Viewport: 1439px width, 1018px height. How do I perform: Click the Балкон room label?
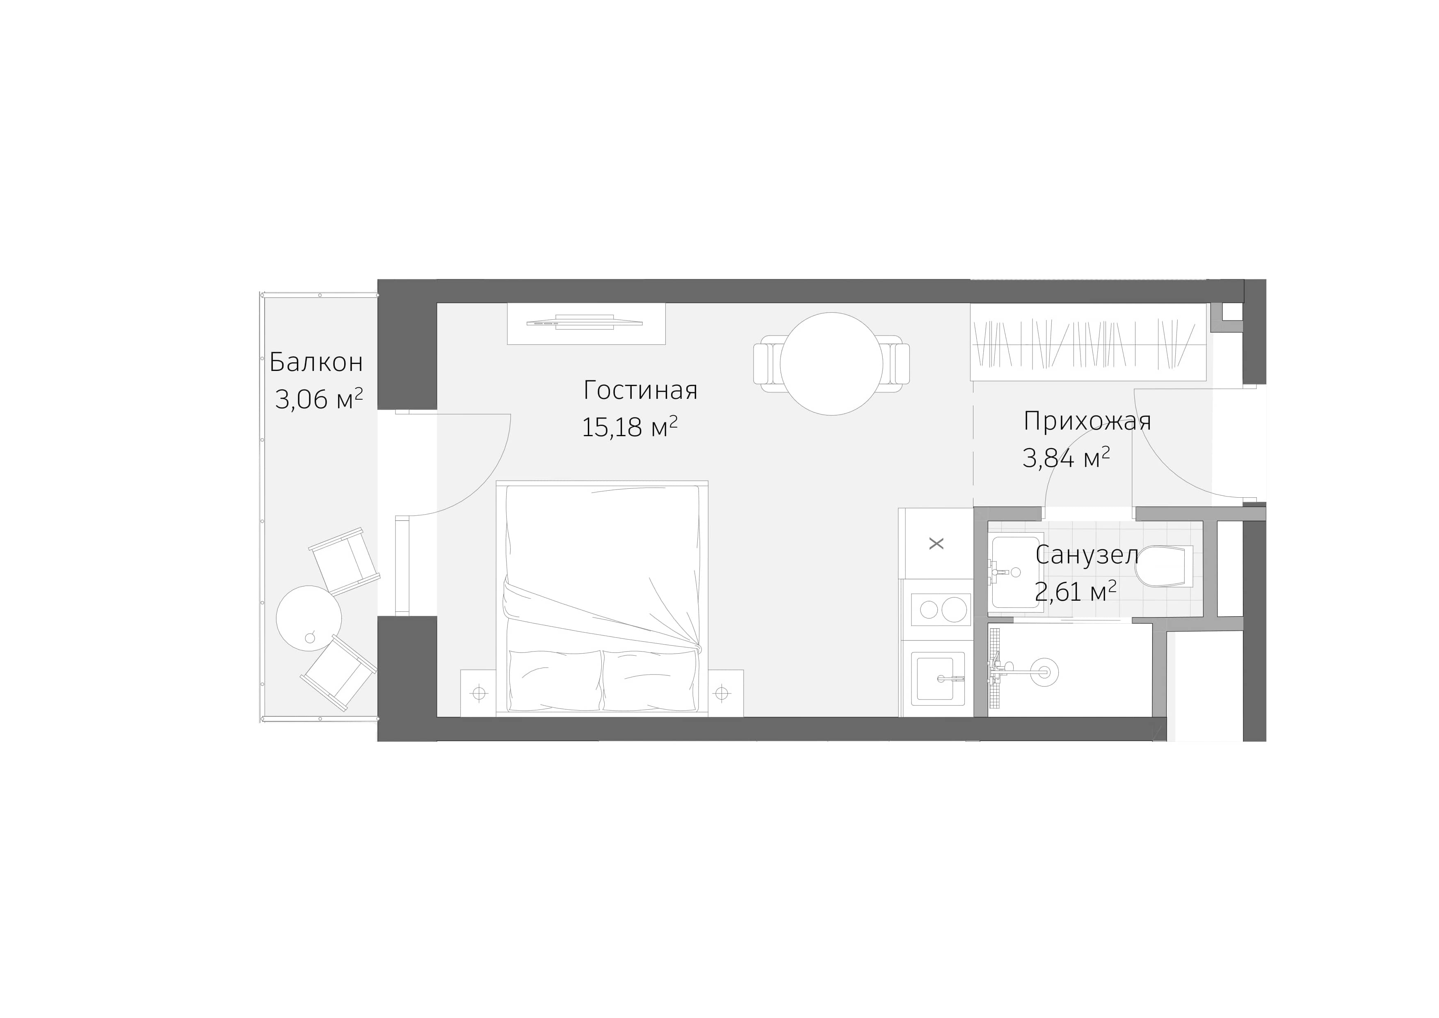click(316, 362)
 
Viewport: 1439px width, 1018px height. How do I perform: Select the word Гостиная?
click(640, 390)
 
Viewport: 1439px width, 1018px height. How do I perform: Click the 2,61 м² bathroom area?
click(1075, 591)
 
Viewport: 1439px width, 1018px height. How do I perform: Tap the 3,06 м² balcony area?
click(318, 399)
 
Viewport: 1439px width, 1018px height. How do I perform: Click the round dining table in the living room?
click(831, 364)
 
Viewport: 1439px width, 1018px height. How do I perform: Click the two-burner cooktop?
click(936, 609)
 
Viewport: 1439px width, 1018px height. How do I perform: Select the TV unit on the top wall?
click(585, 323)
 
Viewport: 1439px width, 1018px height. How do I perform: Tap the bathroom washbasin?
click(1016, 571)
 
